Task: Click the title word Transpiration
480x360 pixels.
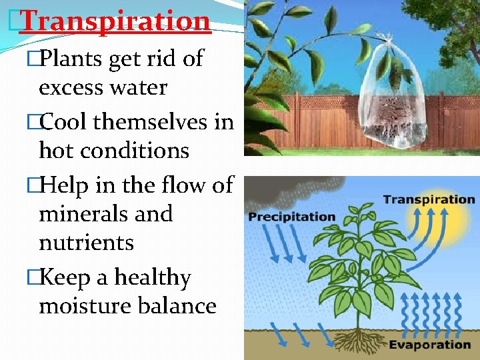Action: [115, 21]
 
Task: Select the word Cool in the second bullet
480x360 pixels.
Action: [65, 122]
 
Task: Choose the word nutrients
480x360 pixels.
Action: [87, 243]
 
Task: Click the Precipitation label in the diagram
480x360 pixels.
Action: [291, 217]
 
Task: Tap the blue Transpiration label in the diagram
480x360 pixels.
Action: [428, 199]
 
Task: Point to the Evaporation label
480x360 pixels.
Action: [429, 345]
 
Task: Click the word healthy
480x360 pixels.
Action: [153, 277]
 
